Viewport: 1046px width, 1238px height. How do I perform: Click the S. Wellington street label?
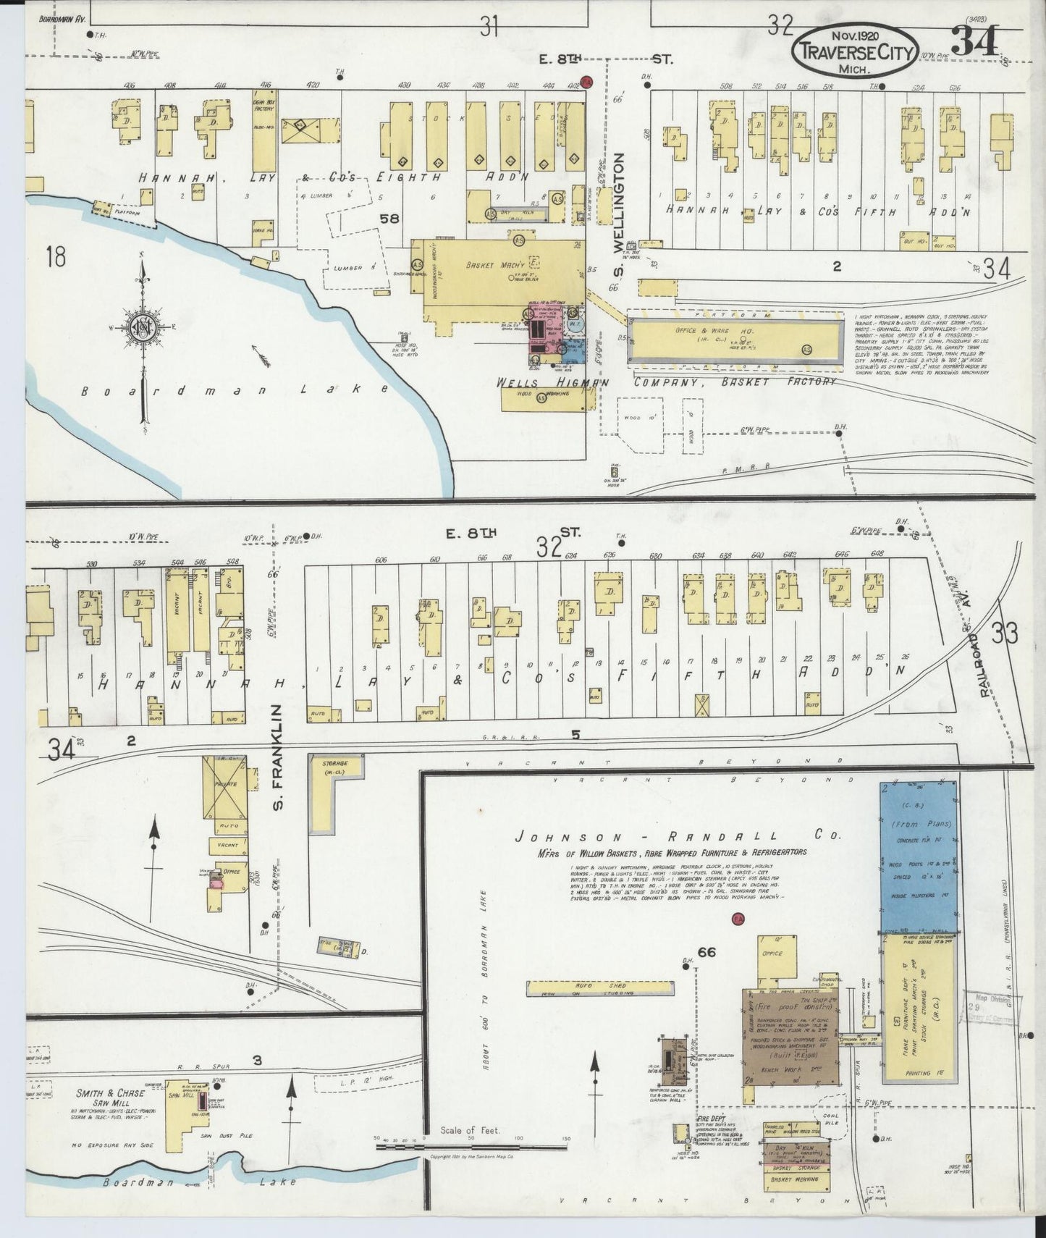point(619,208)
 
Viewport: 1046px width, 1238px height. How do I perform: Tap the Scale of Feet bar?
point(471,1140)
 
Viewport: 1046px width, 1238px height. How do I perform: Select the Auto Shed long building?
point(599,989)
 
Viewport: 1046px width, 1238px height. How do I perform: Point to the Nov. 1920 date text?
point(854,35)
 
